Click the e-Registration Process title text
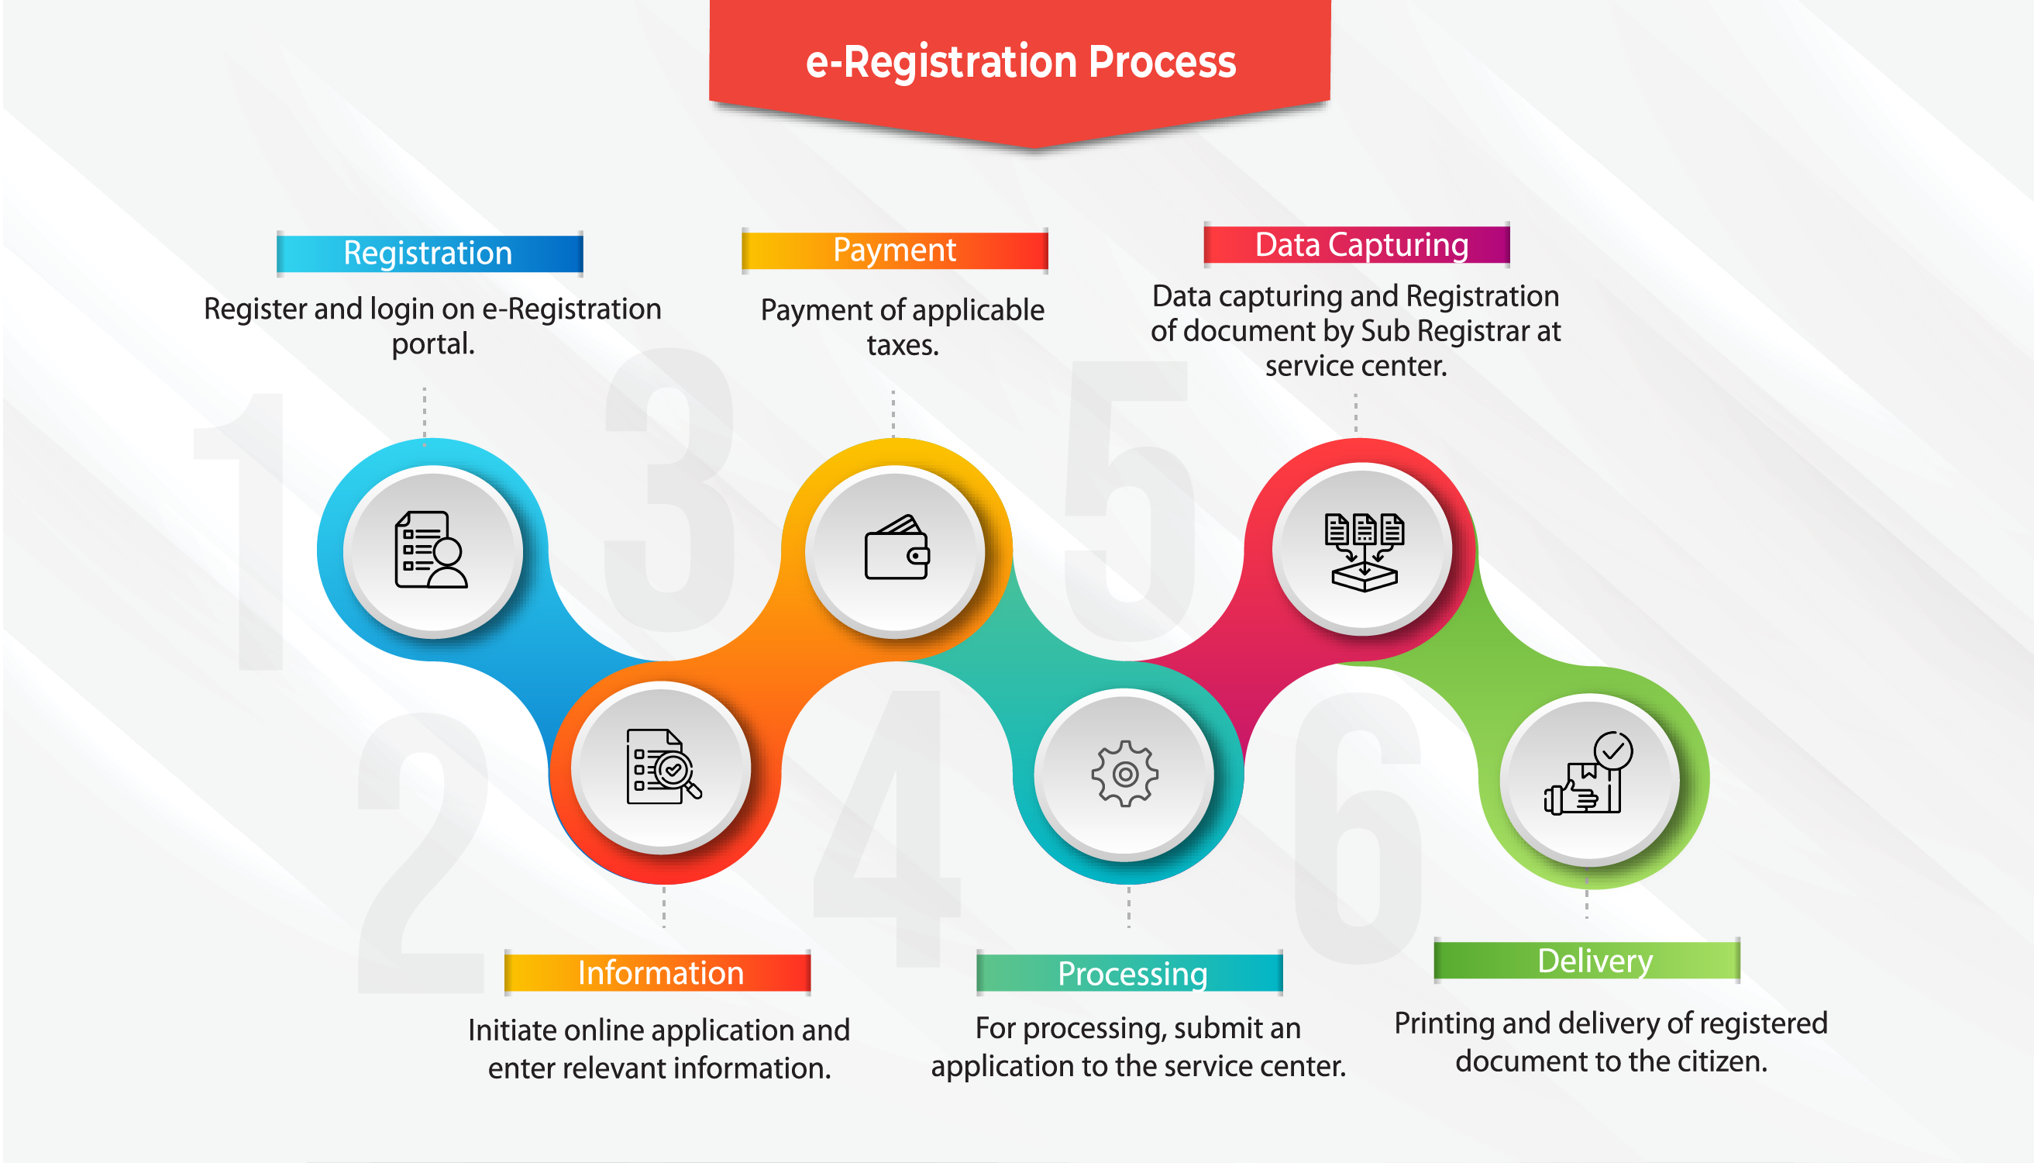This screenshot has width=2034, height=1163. (1020, 62)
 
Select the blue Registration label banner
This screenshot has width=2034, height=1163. (428, 254)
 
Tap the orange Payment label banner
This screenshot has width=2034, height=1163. (894, 250)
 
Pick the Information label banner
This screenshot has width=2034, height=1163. (659, 973)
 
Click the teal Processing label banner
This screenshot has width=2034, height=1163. (1131, 974)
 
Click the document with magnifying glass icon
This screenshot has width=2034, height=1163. (663, 766)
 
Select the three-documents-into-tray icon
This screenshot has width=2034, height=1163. (1364, 551)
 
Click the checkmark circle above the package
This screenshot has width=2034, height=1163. (1612, 751)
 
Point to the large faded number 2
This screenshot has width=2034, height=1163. (423, 854)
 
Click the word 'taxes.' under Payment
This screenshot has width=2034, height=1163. (903, 346)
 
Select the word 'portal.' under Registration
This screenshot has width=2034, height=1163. (432, 344)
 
